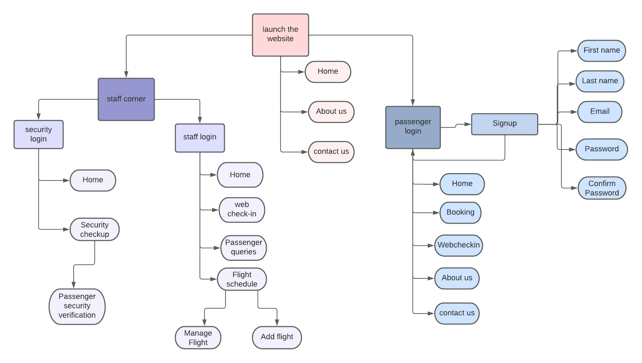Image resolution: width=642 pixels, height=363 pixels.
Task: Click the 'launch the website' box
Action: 280,35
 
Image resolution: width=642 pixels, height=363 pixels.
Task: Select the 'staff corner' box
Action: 126,99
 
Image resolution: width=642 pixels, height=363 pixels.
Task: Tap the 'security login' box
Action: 39,134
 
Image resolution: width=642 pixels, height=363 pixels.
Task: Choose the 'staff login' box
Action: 200,138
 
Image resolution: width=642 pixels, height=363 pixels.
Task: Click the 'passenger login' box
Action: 413,127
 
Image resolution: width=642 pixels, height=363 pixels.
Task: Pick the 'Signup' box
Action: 504,124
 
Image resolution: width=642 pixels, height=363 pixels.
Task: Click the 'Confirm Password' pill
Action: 602,188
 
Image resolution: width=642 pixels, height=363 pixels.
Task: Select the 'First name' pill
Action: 601,51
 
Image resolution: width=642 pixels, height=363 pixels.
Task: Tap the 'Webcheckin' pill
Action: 458,245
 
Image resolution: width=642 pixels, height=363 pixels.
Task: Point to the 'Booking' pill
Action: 460,212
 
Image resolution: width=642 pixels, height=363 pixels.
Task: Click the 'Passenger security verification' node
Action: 77,306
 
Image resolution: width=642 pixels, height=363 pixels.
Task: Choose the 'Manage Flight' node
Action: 198,337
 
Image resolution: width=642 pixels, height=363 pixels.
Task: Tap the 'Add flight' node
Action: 277,337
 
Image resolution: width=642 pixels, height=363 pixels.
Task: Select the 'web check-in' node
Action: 242,210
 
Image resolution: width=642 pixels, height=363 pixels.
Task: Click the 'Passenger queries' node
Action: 243,247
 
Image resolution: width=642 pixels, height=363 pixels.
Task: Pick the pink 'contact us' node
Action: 331,152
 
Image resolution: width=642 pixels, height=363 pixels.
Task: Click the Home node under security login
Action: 93,180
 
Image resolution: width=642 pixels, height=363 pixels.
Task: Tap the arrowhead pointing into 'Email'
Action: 574,112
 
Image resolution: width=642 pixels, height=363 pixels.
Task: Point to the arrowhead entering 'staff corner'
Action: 126,74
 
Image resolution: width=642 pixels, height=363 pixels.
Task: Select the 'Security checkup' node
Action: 94,230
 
